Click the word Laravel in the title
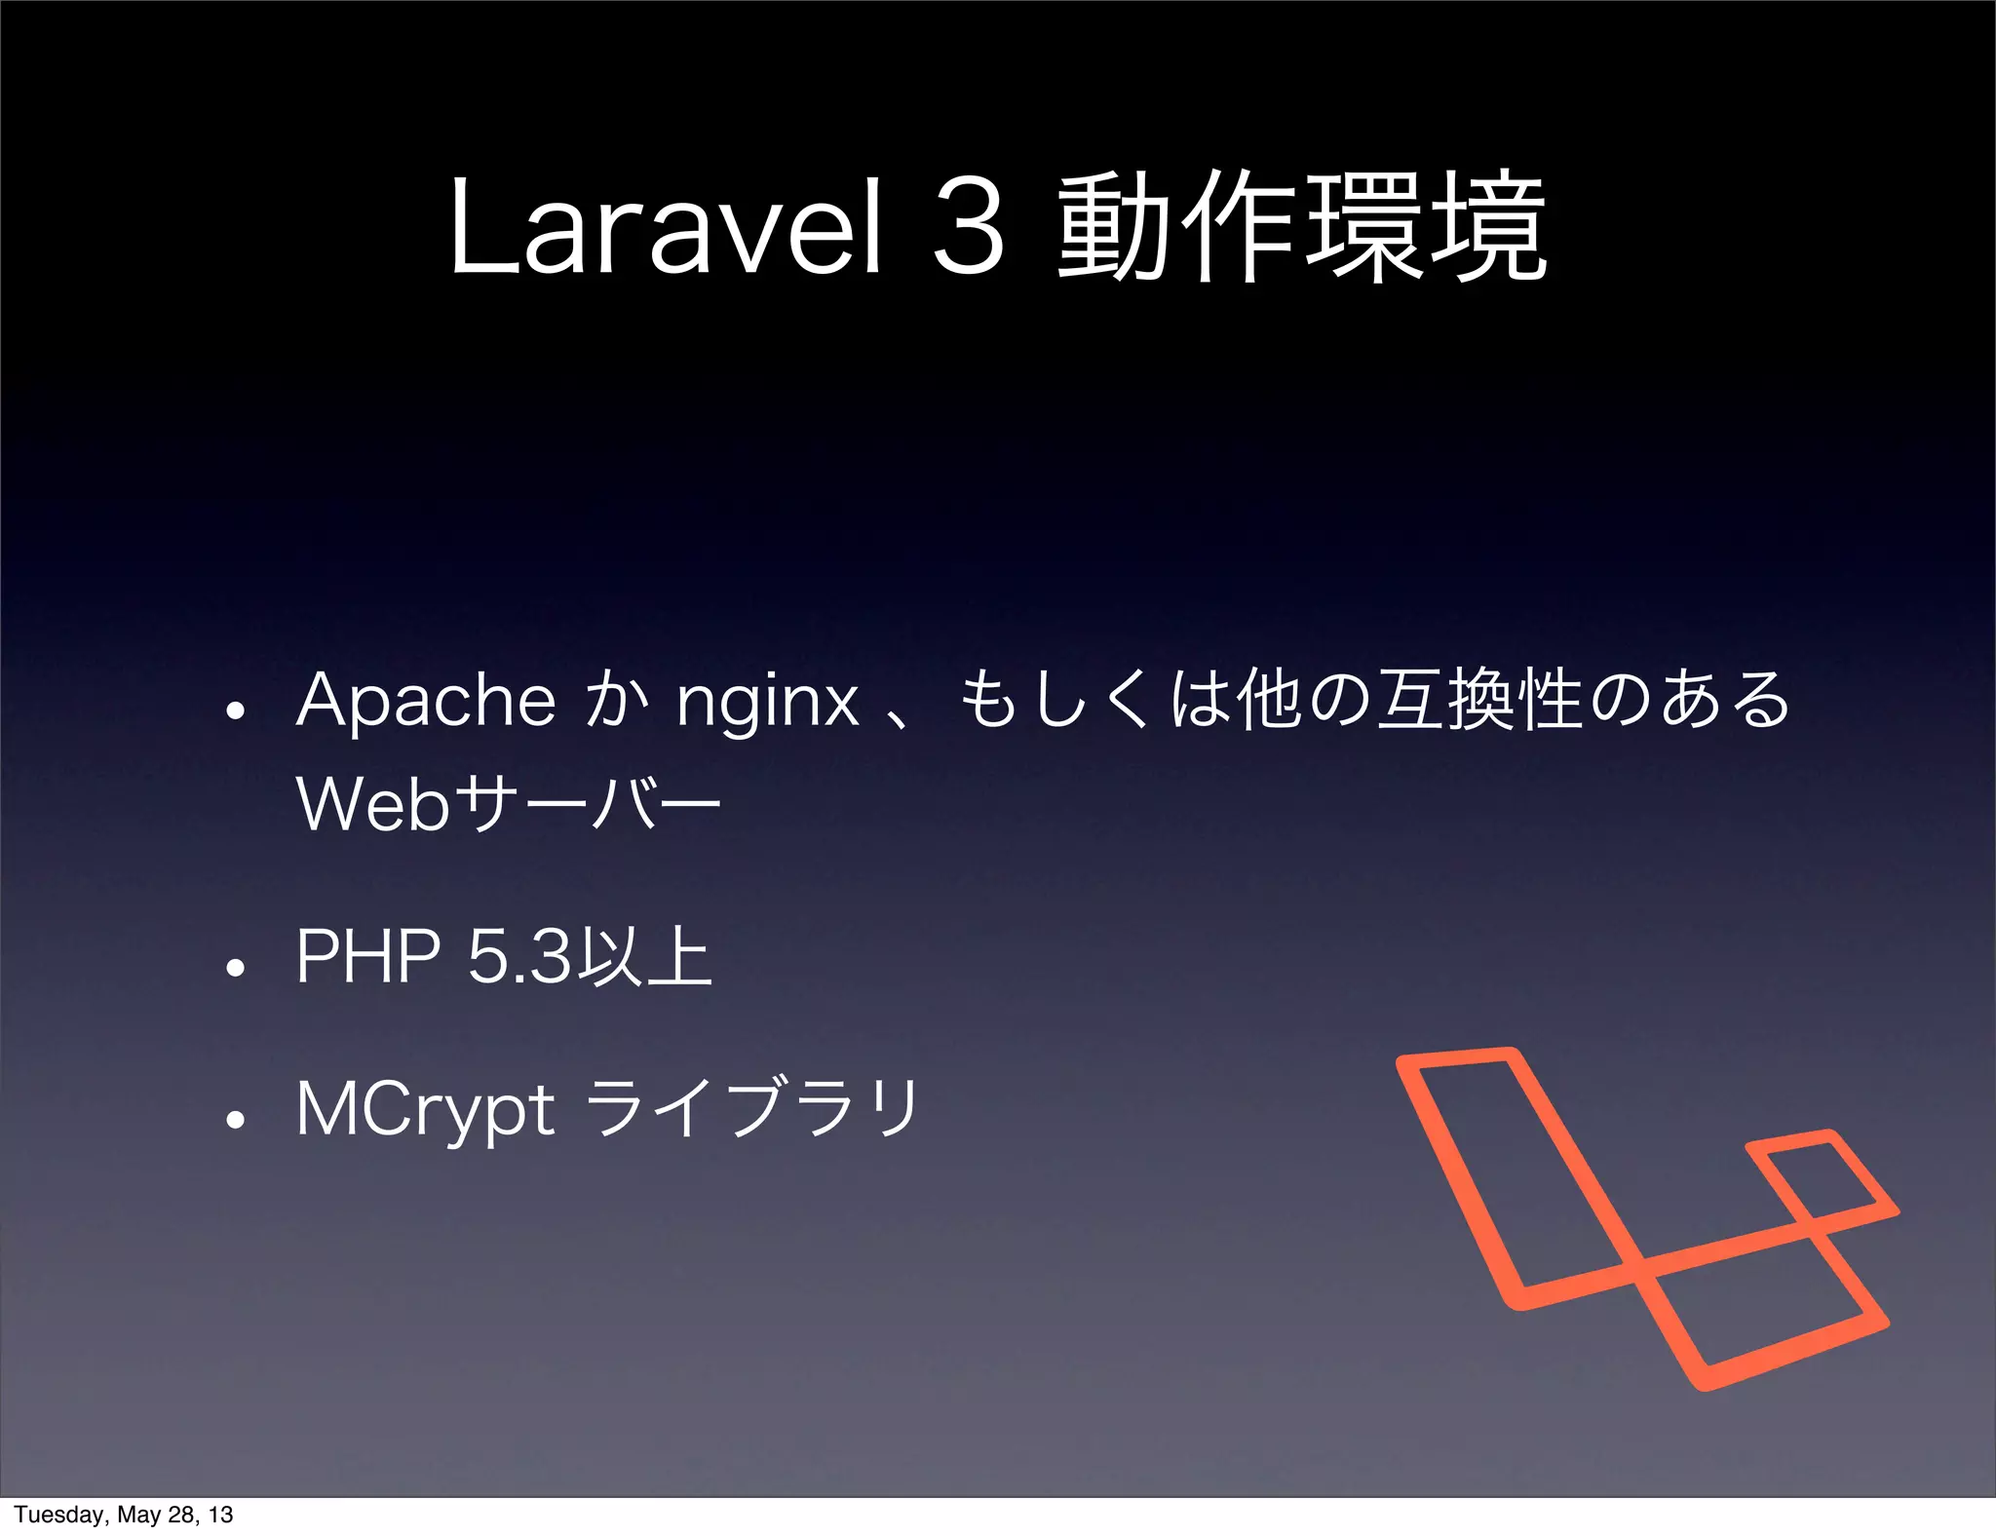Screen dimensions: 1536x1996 coord(666,226)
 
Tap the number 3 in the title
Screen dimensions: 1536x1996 coord(968,226)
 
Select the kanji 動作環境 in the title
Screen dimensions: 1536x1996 coord(1302,226)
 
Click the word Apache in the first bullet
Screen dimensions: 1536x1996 coord(426,702)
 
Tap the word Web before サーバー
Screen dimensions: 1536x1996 coord(372,805)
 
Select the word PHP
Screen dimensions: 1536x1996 coord(367,957)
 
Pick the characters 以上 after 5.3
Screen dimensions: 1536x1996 coord(644,957)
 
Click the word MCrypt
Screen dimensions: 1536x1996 coord(425,1111)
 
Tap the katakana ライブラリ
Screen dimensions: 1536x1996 coord(754,1109)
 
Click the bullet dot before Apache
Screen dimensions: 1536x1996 coord(234,710)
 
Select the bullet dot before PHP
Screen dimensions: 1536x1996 coord(234,968)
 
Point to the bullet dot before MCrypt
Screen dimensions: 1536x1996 coord(234,1121)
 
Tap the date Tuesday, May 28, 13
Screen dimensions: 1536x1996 coord(124,1515)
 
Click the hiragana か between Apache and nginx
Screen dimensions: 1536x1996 coord(616,700)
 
